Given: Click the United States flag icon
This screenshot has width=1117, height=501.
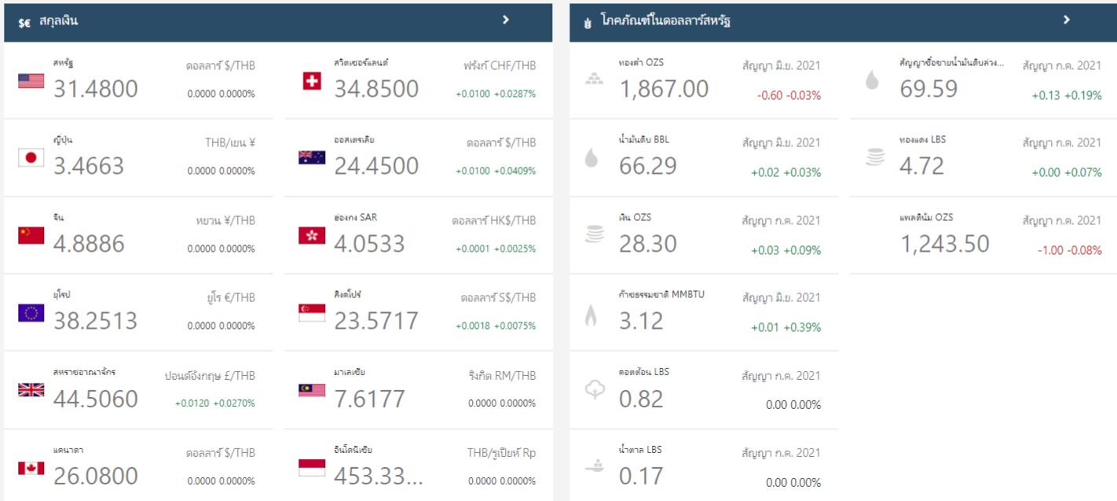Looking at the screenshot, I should point(31,81).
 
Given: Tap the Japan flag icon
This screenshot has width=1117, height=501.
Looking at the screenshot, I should point(31,158).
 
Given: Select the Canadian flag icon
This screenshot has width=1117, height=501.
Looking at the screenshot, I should point(31,469).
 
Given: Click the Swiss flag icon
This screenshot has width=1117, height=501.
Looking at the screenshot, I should point(312,81).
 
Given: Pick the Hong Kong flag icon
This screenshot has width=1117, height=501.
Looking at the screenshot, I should point(312,236).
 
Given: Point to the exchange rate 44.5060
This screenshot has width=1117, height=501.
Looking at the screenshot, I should point(96,399).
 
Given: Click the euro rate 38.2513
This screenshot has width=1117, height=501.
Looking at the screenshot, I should point(96,321).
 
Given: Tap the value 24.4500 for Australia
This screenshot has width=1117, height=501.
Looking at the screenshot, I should point(376,166).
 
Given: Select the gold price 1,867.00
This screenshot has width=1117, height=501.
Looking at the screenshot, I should point(664,89).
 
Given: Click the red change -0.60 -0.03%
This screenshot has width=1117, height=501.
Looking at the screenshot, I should point(789,95).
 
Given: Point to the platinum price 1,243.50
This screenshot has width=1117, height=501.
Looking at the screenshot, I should point(945,244).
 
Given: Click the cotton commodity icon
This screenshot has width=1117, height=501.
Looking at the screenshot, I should point(595,390).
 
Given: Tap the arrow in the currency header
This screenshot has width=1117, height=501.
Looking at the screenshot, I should point(506,20).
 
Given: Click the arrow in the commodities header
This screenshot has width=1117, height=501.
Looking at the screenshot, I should point(1066,20).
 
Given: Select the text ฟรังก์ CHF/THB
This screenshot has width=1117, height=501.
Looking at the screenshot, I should point(500,66).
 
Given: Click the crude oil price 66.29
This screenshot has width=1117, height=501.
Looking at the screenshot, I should point(648,166).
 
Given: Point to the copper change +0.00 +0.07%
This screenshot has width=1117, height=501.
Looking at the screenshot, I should point(1067,172).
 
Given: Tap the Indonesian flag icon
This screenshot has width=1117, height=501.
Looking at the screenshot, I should point(312,469).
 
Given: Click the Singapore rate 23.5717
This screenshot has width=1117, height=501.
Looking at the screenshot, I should point(376,321).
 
